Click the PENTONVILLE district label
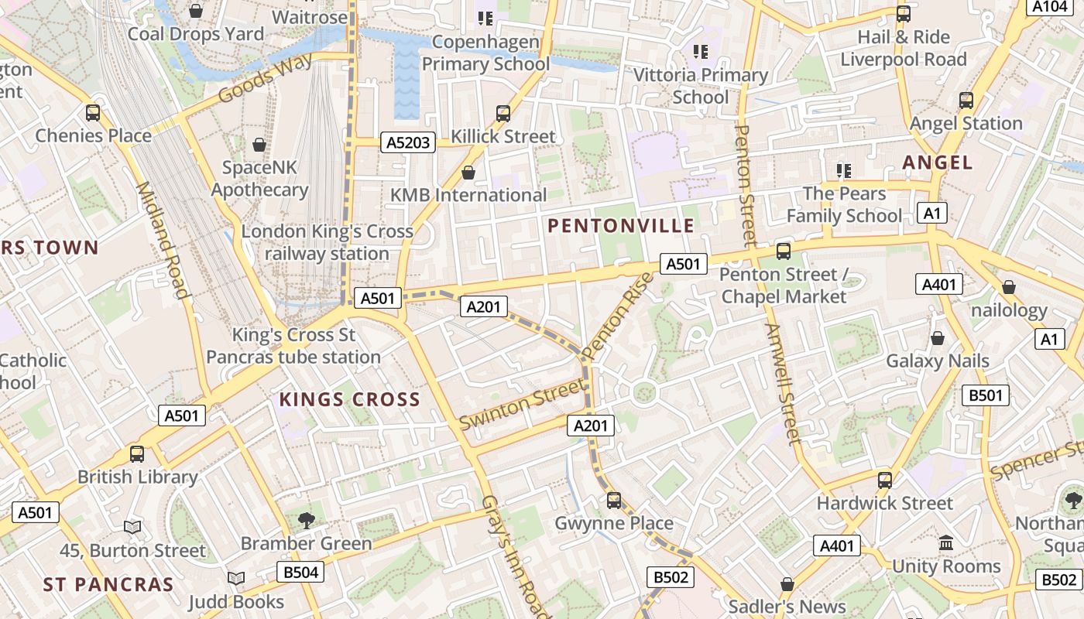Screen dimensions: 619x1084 coord(621,226)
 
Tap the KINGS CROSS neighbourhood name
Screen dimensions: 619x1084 coord(349,400)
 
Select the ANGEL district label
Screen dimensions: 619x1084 coord(937,162)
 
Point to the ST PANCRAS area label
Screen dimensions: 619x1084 coord(108,584)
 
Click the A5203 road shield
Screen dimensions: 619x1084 coord(408,142)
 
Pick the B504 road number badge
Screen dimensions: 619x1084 coord(300,573)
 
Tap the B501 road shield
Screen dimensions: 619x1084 coord(986,395)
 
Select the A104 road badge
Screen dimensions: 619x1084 coord(1050,6)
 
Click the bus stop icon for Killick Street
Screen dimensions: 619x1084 coord(503,114)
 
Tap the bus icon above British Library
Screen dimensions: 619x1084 coord(137,454)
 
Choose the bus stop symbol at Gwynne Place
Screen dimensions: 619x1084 coord(614,501)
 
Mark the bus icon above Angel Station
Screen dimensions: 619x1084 coord(966,101)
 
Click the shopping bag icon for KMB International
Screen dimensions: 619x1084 coord(468,172)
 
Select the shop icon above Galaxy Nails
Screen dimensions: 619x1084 coord(938,339)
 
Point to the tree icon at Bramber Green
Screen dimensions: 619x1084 coord(307,521)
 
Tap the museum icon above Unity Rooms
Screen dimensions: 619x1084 coord(945,543)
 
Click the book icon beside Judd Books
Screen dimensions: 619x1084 coord(236,578)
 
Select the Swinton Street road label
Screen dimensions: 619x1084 coord(522,405)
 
